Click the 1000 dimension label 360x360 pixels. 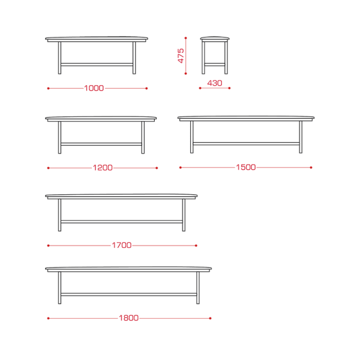94,88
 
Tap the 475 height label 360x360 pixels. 181,56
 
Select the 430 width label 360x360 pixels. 215,83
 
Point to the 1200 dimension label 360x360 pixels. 103,168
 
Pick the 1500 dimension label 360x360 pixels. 246,167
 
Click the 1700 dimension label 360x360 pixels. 122,245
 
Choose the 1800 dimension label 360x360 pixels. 128,318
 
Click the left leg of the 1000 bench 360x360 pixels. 59,58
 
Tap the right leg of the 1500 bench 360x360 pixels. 301,137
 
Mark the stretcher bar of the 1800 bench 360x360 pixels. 129,295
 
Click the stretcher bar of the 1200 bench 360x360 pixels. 101,144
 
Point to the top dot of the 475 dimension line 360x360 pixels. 186,38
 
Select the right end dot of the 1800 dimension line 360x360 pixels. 211,318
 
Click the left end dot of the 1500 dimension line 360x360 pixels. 181,167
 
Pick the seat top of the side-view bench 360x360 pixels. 215,39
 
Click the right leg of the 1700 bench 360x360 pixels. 184,215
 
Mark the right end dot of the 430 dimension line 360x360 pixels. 229,88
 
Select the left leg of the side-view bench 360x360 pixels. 203,58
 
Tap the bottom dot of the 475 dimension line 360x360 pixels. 186,73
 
